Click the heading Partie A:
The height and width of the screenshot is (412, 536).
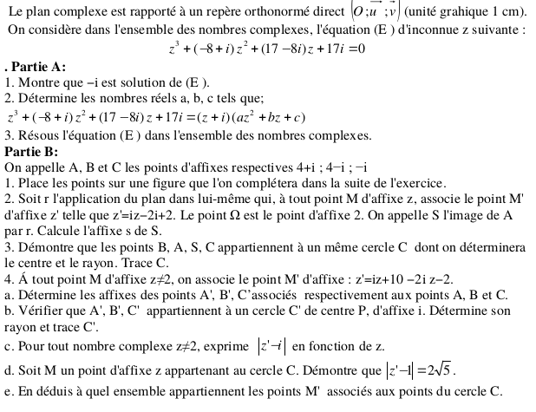click(x=36, y=67)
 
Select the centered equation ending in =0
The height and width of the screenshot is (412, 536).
click(x=268, y=49)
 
